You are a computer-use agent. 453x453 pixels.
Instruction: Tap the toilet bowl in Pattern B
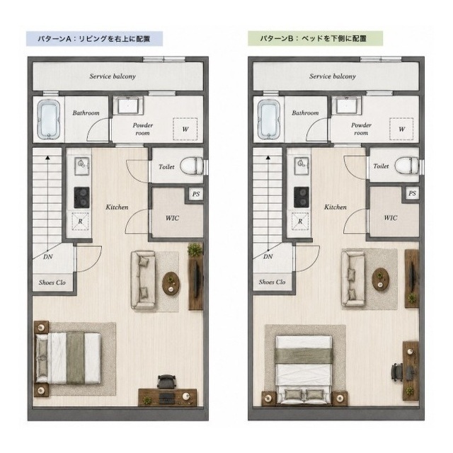tap(406, 166)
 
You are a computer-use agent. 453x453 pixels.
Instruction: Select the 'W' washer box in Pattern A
tap(185, 129)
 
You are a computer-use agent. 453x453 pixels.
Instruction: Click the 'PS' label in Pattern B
tap(412, 193)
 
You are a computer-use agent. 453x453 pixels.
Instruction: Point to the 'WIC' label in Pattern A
tap(172, 218)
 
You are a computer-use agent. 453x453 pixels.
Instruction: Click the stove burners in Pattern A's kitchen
tap(81, 197)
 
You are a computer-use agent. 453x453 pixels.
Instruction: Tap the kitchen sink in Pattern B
tap(302, 166)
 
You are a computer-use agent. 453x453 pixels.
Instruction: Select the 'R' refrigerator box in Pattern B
tap(300, 222)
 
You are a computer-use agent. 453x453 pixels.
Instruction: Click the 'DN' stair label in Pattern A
tap(48, 256)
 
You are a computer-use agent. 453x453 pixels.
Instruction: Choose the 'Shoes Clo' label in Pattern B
tap(272, 282)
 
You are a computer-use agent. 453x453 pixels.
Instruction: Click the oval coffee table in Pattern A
tap(171, 284)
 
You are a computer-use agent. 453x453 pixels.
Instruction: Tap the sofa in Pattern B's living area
tap(353, 278)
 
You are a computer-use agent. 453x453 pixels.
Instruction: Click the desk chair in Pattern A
tap(166, 382)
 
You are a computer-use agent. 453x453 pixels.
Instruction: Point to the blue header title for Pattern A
tap(94, 39)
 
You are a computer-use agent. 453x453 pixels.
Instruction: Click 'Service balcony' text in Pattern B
tap(333, 76)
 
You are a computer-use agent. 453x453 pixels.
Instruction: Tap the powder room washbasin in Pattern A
tap(128, 105)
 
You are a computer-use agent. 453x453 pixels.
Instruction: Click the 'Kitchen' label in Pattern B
tap(335, 207)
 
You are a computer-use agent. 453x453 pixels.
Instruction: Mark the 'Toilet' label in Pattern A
tap(166, 167)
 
